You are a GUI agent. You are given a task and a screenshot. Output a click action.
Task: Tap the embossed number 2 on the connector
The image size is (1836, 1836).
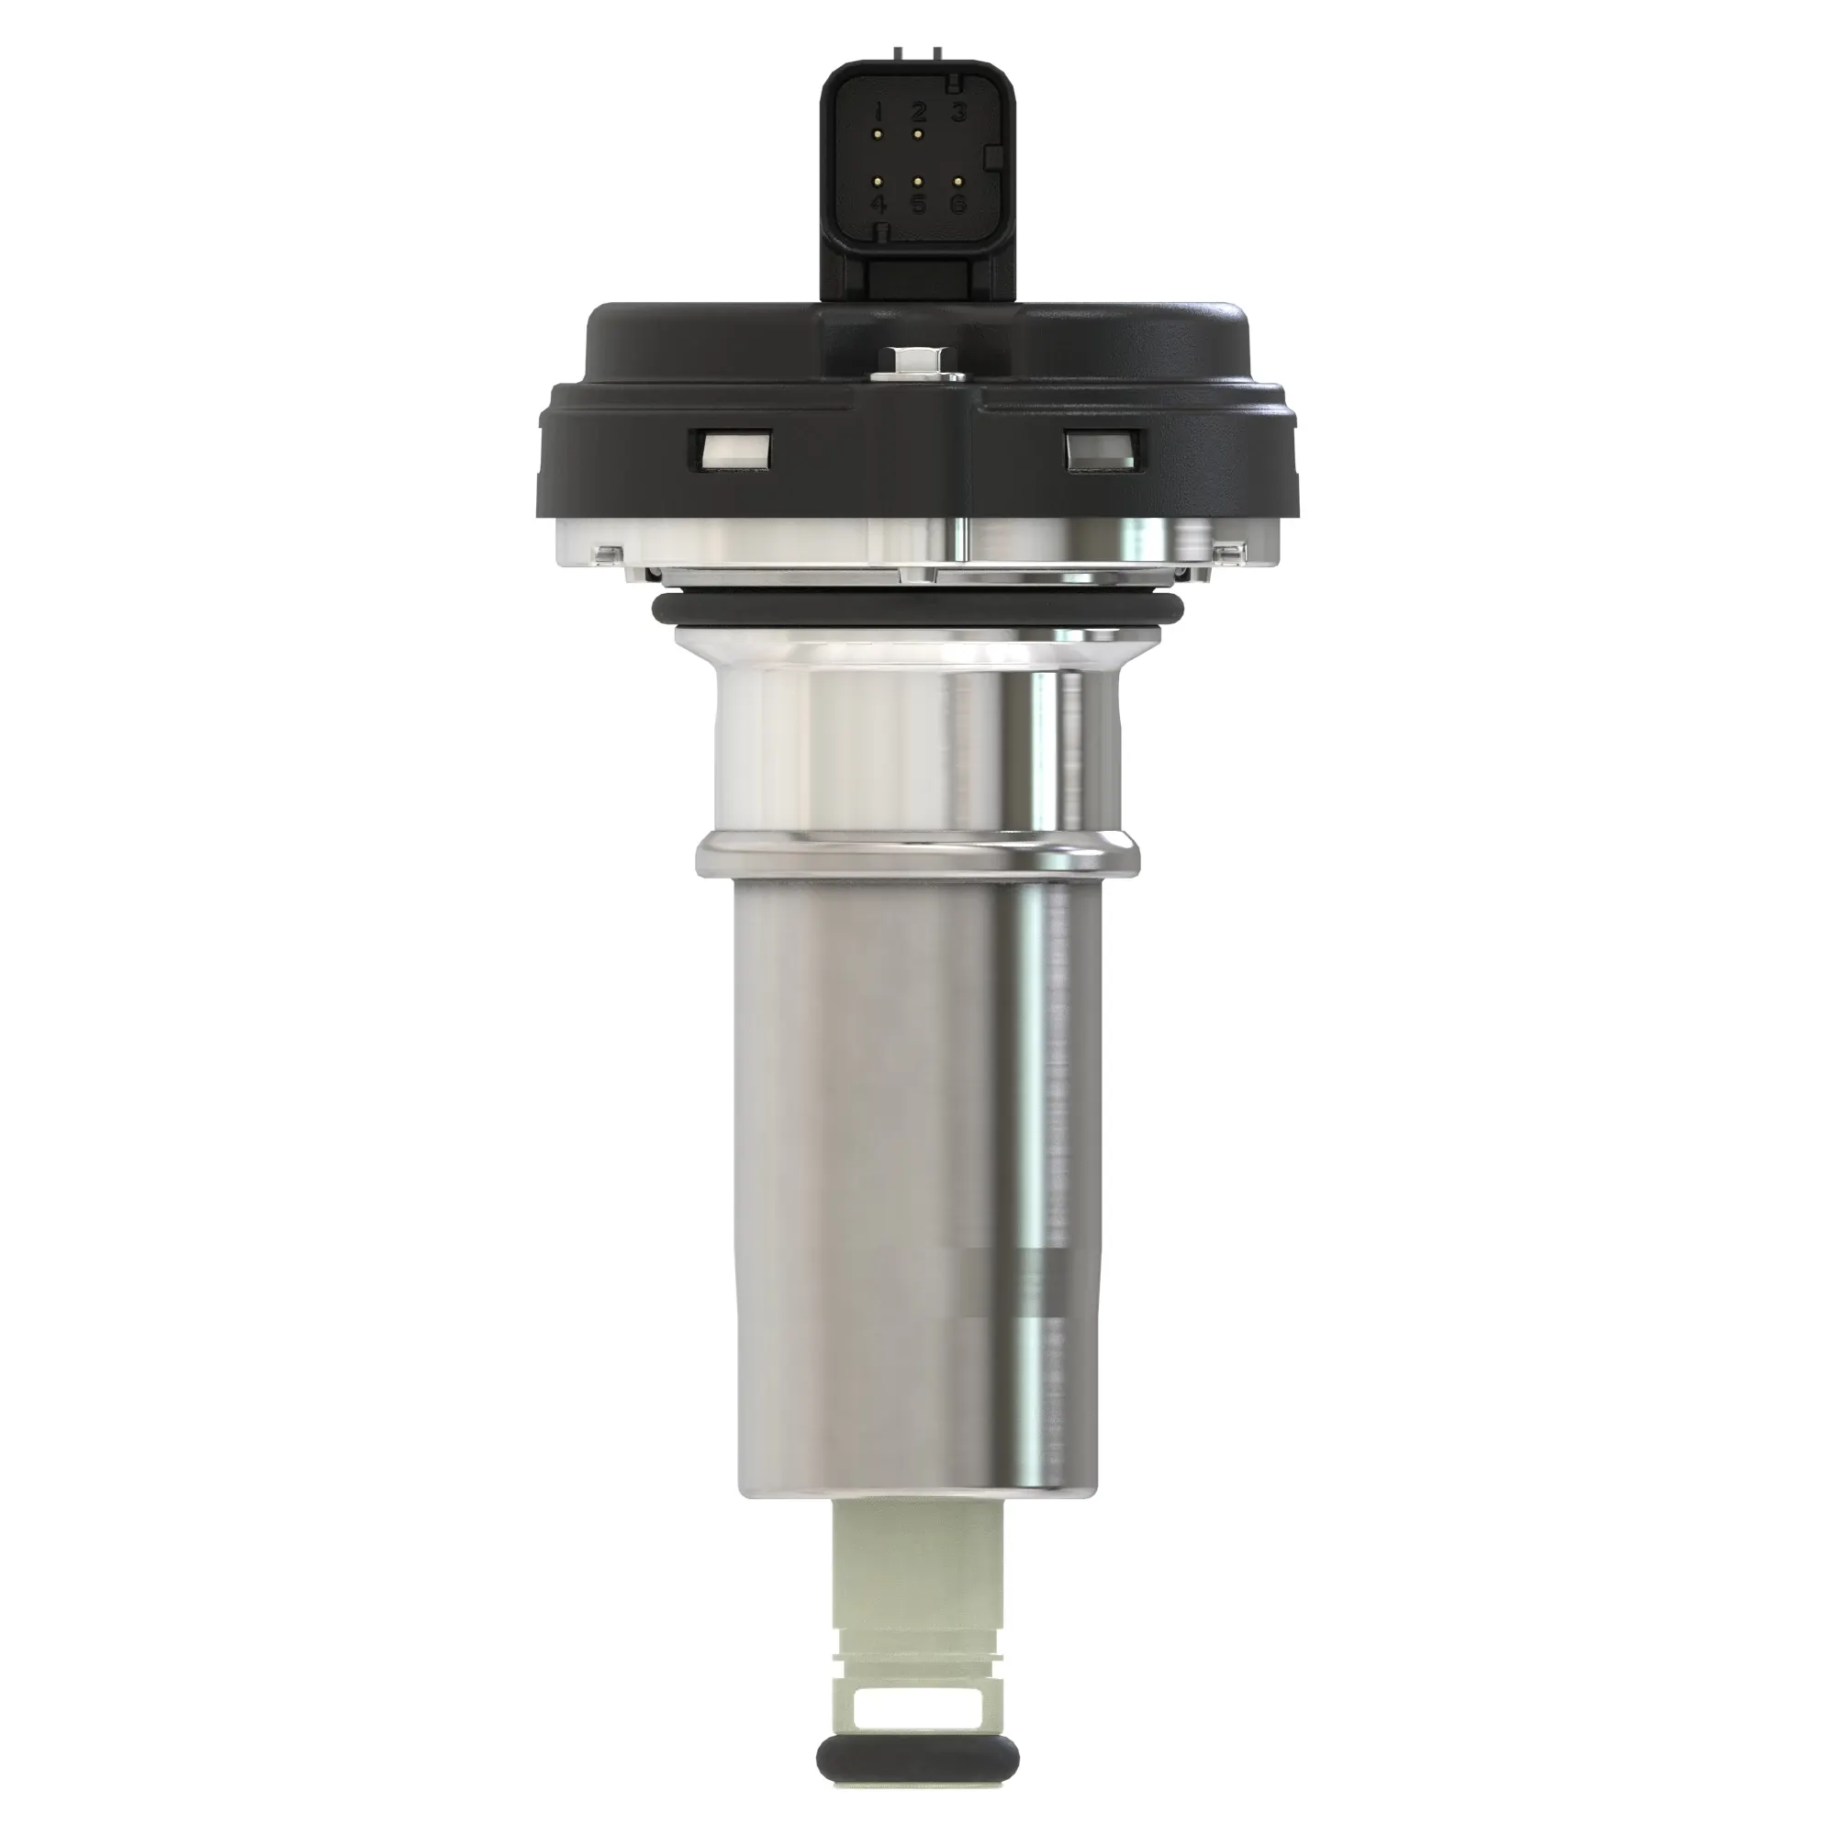(918, 112)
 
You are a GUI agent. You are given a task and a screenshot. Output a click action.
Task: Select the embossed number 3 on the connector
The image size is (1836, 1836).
(959, 112)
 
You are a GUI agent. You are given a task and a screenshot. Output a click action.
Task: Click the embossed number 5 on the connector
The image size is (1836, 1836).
(918, 204)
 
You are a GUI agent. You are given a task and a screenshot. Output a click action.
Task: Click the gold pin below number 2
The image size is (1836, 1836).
(918, 135)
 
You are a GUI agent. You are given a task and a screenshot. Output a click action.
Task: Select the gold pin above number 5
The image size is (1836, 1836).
(918, 180)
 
